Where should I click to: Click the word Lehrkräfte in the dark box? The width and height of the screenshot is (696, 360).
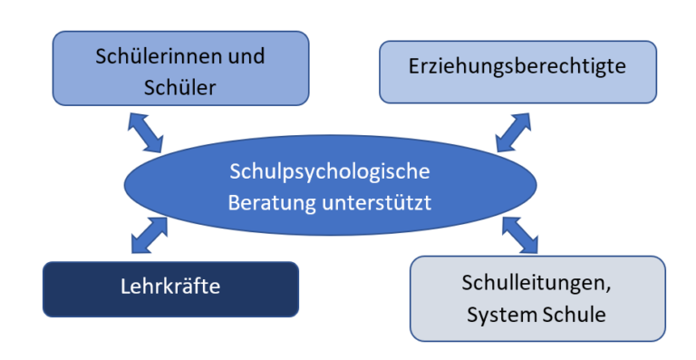[x=170, y=287]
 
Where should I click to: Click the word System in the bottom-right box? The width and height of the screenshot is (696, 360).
[x=498, y=315]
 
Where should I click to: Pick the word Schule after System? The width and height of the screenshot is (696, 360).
[x=571, y=315]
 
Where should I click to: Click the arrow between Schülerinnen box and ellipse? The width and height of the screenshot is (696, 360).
[x=146, y=131]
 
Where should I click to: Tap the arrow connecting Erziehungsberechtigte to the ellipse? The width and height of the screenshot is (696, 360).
[x=513, y=131]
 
